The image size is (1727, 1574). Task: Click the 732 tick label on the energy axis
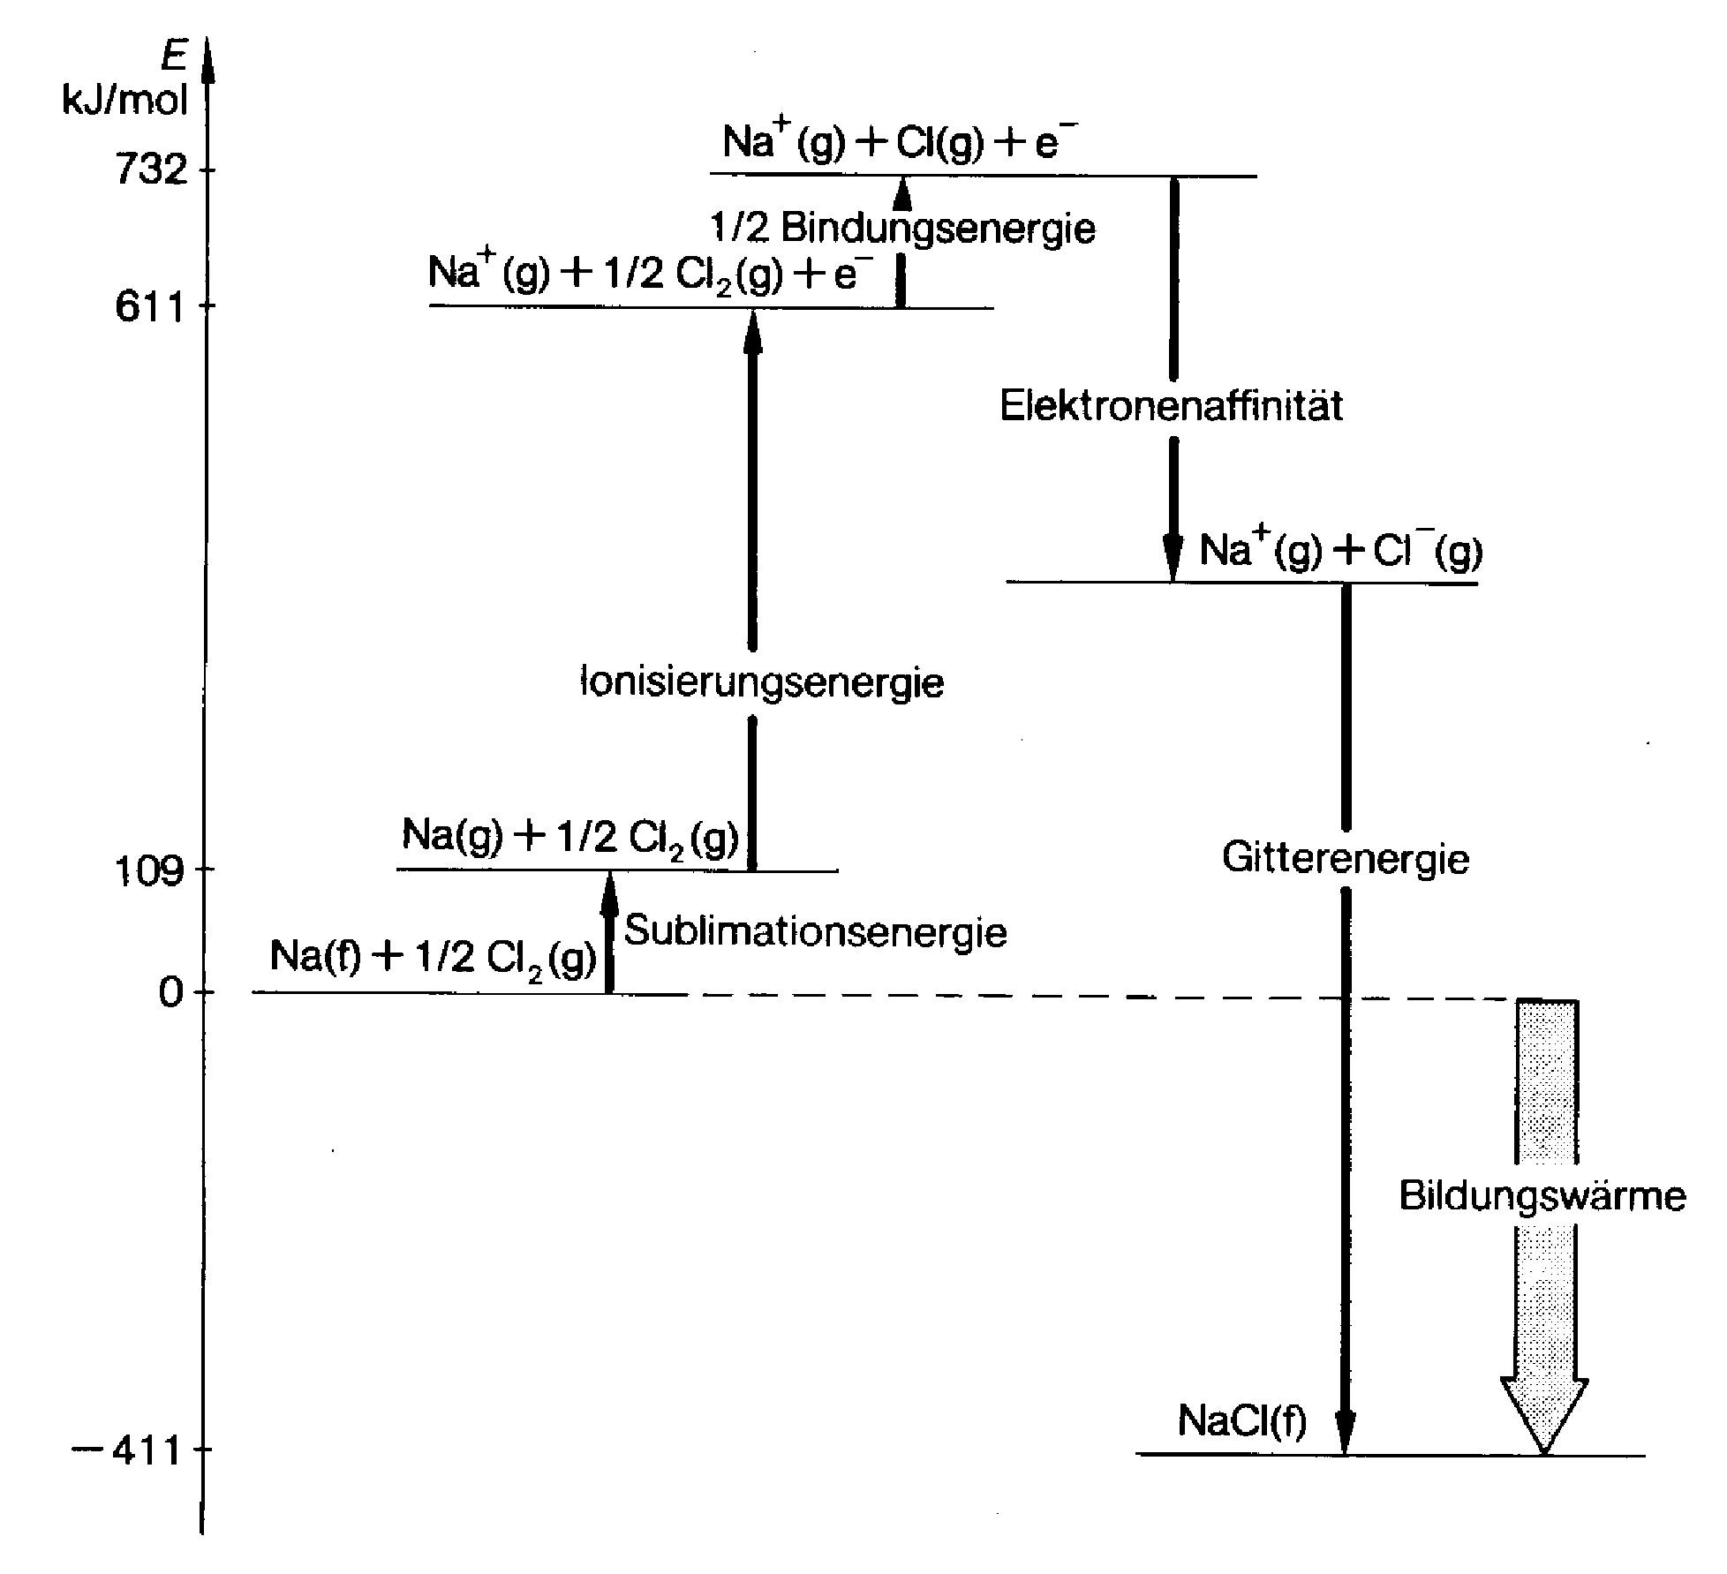[x=151, y=169]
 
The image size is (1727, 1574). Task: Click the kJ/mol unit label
[x=125, y=102]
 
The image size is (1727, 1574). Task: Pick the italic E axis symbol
[x=175, y=56]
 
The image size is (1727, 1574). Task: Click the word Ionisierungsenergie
[x=762, y=682]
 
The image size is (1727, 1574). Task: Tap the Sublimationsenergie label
[x=815, y=931]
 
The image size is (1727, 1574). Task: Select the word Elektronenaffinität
[x=1171, y=407]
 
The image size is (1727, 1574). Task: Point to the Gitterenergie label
[x=1345, y=858]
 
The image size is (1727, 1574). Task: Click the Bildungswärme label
[x=1542, y=1196]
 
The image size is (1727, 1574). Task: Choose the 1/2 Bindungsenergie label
[x=903, y=229]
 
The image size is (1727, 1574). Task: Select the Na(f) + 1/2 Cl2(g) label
[x=433, y=957]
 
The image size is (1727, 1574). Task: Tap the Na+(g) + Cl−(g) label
[x=1340, y=551]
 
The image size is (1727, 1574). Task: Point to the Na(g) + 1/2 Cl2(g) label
[x=570, y=835]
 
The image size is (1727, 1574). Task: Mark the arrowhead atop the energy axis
[x=207, y=58]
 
